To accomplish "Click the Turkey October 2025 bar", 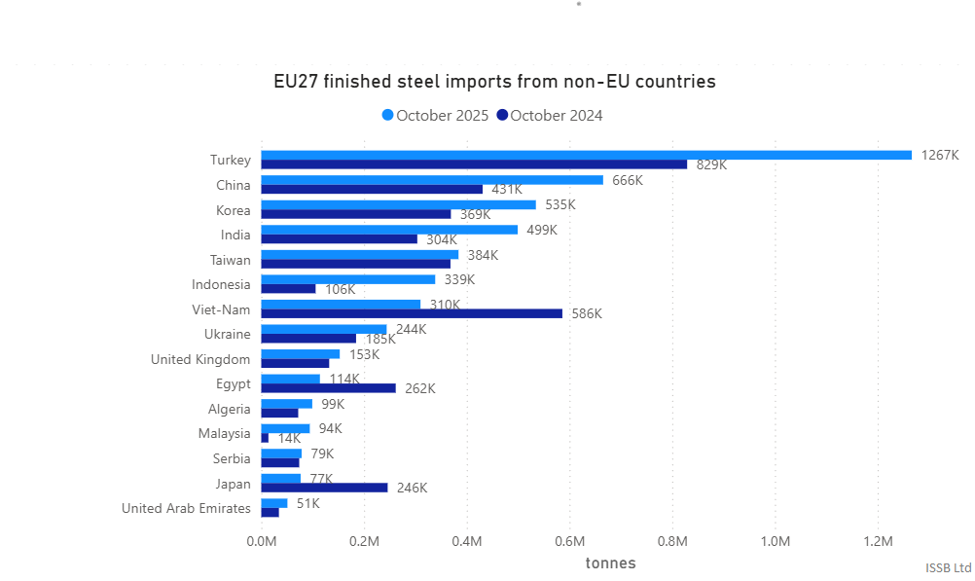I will [x=586, y=155].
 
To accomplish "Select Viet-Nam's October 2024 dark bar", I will [x=412, y=313].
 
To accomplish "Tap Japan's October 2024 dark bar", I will [x=324, y=488].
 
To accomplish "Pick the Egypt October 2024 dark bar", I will [x=329, y=388].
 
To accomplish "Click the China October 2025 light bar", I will [x=432, y=180].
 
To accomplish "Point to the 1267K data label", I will [x=940, y=155].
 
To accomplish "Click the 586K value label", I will [x=587, y=313].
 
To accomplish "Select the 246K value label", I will [x=412, y=488].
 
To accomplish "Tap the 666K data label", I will [x=628, y=180].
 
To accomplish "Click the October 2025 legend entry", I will [x=435, y=116].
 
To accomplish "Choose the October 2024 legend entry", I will [x=550, y=116].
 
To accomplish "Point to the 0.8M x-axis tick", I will [x=672, y=541].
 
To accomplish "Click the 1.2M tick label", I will [x=878, y=541].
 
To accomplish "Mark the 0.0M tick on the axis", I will [x=262, y=541].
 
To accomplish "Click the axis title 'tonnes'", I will [x=610, y=563].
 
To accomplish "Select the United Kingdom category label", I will [x=200, y=359].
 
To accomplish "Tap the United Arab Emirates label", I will [x=186, y=508].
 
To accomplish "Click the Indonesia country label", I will [x=221, y=284].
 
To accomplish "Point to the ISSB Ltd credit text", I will [x=948, y=567].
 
